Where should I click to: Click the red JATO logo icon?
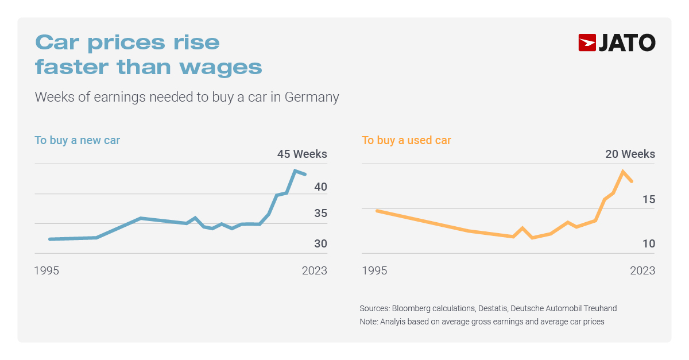tap(587, 43)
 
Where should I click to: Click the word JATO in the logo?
tap(627, 43)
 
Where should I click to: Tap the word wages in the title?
tap(220, 67)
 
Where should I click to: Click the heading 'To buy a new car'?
tap(77, 140)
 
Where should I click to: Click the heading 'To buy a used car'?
tap(407, 140)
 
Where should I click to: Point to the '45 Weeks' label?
tap(302, 154)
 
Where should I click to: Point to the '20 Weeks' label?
tap(630, 154)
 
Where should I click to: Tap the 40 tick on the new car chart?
tap(320, 187)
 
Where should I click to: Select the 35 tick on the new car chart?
tap(320, 214)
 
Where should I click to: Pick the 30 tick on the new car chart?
tap(320, 243)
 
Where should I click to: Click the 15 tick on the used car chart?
tap(649, 200)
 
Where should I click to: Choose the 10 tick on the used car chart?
tap(649, 243)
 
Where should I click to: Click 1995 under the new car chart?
tap(47, 270)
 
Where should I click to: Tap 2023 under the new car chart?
tap(314, 270)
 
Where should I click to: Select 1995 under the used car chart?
tap(374, 270)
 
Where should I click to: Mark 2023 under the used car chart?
tap(642, 270)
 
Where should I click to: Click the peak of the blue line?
tap(295, 171)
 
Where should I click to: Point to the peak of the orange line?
tap(622, 171)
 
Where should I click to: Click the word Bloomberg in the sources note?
tap(411, 308)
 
